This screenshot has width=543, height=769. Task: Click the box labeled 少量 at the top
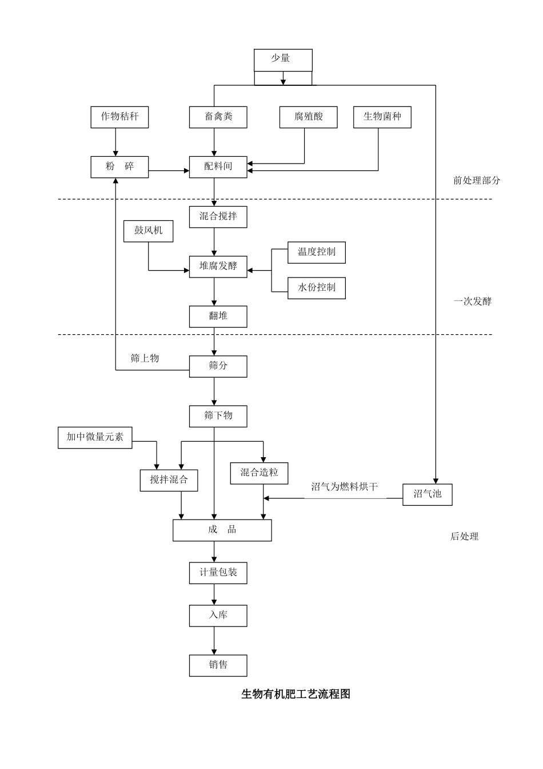point(283,60)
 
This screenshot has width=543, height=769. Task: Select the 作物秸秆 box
point(119,117)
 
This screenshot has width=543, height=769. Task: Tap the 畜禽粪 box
point(218,117)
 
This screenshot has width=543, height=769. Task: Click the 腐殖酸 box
point(309,117)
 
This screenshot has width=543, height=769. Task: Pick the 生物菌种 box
point(382,117)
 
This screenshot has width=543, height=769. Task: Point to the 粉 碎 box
point(119,167)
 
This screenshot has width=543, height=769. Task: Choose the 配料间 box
point(218,167)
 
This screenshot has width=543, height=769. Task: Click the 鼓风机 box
point(148,231)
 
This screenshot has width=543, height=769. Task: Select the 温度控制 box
point(316,252)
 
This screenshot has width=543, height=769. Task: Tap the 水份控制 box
point(316,288)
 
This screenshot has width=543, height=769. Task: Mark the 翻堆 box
point(218,316)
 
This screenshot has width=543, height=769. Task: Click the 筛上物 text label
point(145,359)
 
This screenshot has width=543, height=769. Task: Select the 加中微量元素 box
point(95,437)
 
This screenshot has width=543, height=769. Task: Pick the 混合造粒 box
point(259,473)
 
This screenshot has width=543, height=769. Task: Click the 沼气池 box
point(428,494)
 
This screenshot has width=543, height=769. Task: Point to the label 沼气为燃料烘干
point(344,487)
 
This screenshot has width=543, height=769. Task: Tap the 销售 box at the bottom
point(218,665)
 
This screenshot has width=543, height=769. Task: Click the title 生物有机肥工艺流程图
point(296,694)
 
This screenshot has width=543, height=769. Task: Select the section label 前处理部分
point(476,181)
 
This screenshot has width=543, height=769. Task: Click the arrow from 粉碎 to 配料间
point(169,171)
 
